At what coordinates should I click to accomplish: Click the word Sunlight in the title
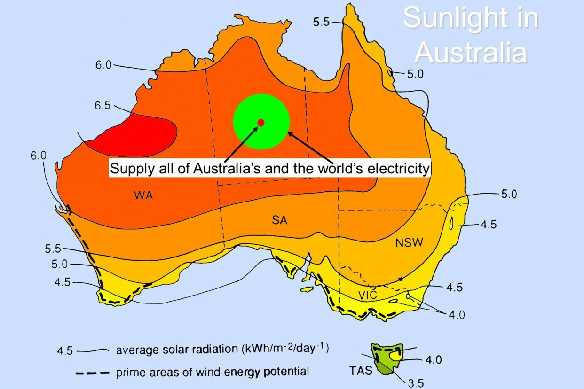tap(470, 18)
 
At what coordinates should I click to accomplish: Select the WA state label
tap(144, 196)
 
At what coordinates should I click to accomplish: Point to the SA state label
tap(279, 220)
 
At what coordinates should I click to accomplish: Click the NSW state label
tap(409, 243)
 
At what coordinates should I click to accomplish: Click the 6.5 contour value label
tap(103, 106)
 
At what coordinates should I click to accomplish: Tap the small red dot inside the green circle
tap(261, 123)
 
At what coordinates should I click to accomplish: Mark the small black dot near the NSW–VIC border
tap(400, 279)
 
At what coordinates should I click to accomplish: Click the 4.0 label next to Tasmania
tap(434, 360)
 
